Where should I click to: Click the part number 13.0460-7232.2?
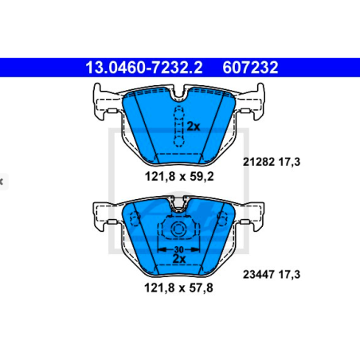(144, 68)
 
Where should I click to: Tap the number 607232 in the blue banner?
(250, 68)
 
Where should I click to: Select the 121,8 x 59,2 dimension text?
(179, 176)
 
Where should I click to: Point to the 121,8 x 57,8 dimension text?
(178, 288)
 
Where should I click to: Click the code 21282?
(259, 162)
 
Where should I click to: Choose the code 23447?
(259, 274)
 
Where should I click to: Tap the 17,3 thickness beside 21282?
(289, 162)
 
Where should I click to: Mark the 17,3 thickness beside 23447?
(289, 275)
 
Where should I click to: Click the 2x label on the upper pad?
(194, 127)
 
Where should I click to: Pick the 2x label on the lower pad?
(179, 259)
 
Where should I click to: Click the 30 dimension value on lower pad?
(178, 249)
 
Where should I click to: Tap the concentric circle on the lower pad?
(178, 229)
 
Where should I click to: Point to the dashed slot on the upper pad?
(178, 127)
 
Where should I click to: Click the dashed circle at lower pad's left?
(135, 218)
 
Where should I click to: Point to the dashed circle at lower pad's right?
(222, 218)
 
